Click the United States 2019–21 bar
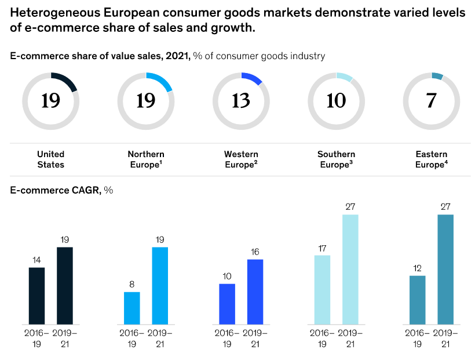pos(64,286)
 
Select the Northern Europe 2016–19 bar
pos(132,308)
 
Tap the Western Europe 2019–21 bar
pos(255,292)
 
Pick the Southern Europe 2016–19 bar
pos(322,290)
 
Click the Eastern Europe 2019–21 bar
pos(445,270)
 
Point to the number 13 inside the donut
pos(241,101)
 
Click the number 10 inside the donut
pos(336,101)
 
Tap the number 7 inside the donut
pos(431,101)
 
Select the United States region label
pos(51,159)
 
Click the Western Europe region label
pos(241,159)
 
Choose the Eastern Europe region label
pos(431,159)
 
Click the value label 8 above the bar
pos(132,285)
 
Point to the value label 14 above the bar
pos(36,260)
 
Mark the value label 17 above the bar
pos(322,248)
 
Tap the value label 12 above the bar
pos(417,268)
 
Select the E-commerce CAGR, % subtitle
pos(61,191)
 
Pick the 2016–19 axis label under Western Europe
pos(227,339)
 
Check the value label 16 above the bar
pos(255,252)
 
